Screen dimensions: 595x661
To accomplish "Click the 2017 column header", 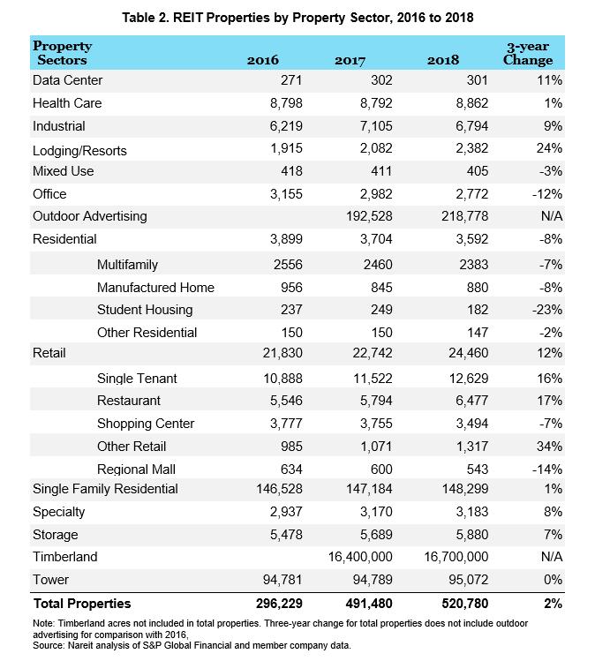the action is [350, 60].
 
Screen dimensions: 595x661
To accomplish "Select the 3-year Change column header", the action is [528, 53].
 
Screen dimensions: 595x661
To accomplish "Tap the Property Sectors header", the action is [63, 53].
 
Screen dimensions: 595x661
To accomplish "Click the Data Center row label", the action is [67, 80].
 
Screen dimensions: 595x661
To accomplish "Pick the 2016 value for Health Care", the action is [286, 103].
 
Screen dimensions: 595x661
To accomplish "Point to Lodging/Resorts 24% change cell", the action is [549, 148].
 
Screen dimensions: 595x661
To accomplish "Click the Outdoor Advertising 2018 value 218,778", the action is [464, 216].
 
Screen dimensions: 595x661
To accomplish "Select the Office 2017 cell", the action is [376, 194].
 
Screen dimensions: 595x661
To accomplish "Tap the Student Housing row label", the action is [145, 310].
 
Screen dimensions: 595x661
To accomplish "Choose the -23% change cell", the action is [547, 310].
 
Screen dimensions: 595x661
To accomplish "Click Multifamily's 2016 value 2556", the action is [288, 265].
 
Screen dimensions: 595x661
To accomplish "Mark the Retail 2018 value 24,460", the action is [468, 353].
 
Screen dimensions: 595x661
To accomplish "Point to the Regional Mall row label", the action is [136, 469].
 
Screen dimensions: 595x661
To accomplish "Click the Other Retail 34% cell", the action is [549, 447].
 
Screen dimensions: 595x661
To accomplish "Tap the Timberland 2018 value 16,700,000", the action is [456, 557].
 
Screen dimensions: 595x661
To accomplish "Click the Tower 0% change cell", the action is [553, 580].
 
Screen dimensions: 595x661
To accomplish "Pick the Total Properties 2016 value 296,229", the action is [279, 604].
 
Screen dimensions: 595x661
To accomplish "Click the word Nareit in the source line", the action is [79, 645].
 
